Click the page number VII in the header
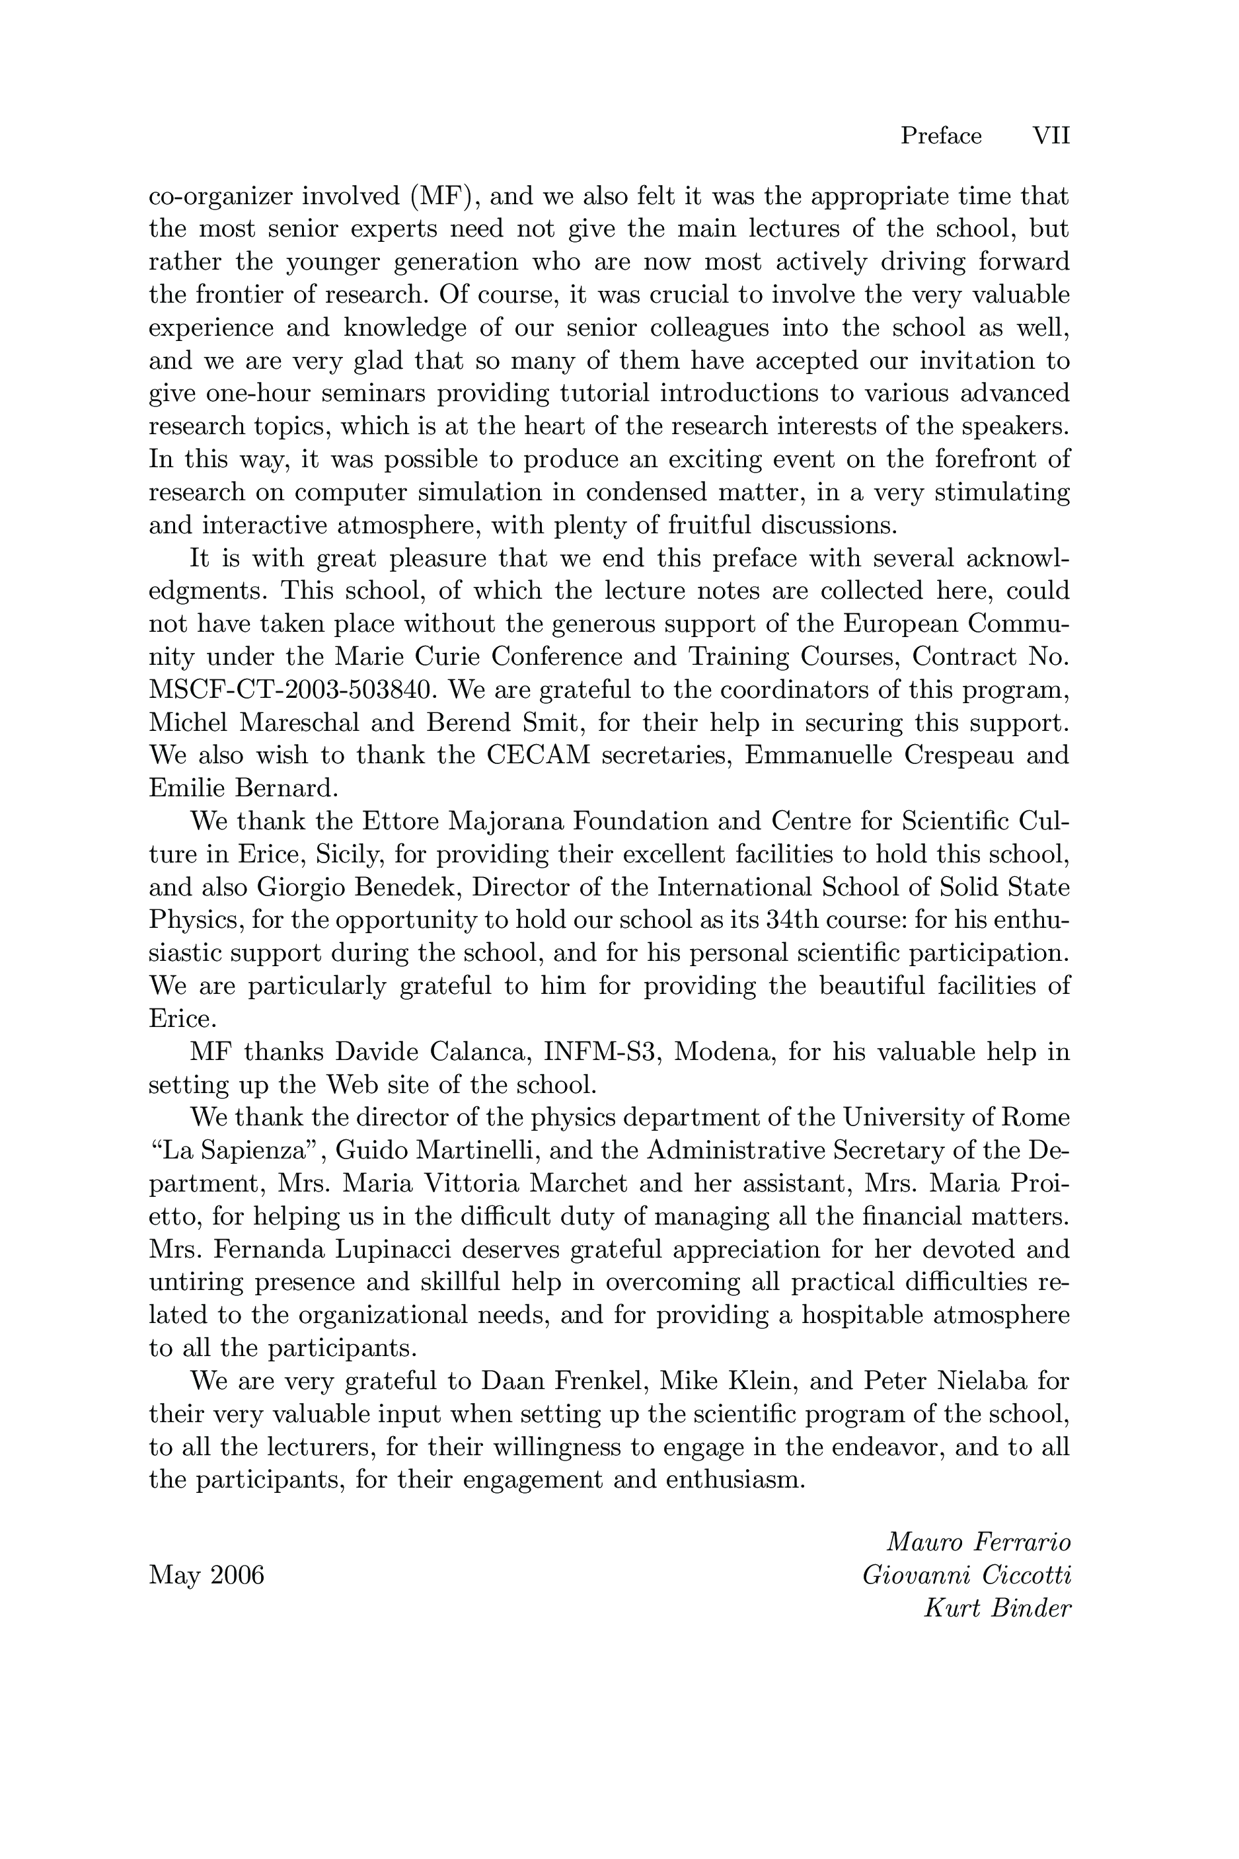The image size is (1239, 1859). (x=1051, y=137)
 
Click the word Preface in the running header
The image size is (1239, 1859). (x=941, y=137)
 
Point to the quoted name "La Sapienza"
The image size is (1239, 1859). (x=237, y=1151)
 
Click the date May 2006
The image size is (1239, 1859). (x=206, y=1575)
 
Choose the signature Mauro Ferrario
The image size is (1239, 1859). (x=979, y=1542)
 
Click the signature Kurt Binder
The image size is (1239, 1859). (x=997, y=1609)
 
